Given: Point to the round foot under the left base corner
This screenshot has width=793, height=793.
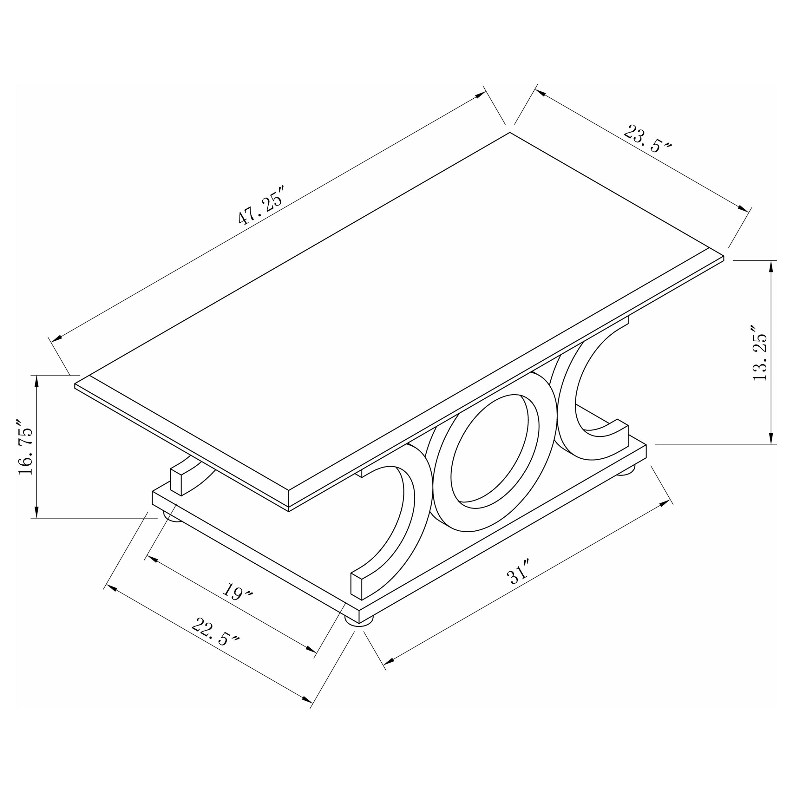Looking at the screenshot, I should click(x=173, y=517).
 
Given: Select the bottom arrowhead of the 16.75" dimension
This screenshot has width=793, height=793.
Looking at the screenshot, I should click(x=37, y=512).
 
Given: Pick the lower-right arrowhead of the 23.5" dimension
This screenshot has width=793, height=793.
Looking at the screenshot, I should click(x=743, y=209).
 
